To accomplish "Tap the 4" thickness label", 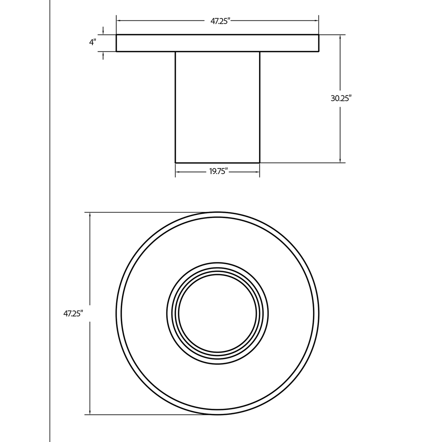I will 92,42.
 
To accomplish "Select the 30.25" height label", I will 341,98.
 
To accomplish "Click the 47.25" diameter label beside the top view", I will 73,314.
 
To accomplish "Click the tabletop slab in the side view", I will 218,43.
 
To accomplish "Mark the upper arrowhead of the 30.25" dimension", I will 341,37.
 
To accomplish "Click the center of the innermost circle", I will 218,314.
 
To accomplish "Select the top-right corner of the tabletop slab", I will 319,35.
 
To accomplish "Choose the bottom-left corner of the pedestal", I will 175,162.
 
